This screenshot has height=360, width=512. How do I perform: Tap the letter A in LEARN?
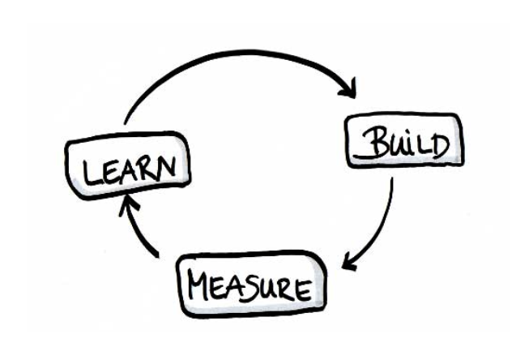[x=131, y=169]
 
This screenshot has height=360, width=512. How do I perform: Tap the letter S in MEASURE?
[x=256, y=288]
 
